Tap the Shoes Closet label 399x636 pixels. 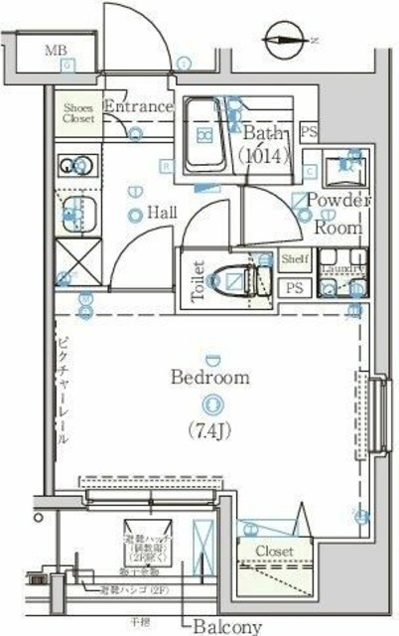(x=79, y=112)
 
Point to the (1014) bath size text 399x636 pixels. (x=263, y=155)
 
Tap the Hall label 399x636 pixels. (x=163, y=212)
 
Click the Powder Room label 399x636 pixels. (x=337, y=213)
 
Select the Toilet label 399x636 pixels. (x=198, y=280)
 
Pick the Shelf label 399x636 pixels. (x=295, y=259)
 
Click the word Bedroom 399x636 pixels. (x=209, y=378)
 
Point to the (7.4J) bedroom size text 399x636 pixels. (x=209, y=429)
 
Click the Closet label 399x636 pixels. (x=273, y=551)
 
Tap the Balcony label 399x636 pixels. (x=227, y=626)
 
